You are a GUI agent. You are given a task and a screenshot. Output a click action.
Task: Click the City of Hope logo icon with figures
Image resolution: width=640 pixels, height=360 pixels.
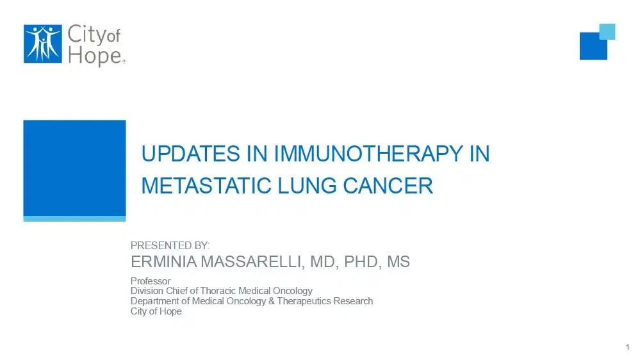[x=42, y=44]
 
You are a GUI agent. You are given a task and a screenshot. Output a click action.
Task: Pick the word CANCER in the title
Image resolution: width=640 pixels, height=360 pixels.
[x=388, y=186]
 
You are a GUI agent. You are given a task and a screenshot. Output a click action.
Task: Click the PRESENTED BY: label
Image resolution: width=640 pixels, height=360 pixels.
[x=170, y=245]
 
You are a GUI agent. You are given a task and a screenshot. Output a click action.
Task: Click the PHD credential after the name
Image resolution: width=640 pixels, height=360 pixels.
[x=363, y=262]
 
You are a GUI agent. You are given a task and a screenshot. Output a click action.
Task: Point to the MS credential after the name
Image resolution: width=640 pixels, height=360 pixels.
[x=399, y=262]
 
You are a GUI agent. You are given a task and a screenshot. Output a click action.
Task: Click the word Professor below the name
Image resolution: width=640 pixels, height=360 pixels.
[x=151, y=281]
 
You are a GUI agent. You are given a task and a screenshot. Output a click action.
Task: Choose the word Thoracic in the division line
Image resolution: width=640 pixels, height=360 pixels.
[x=218, y=291]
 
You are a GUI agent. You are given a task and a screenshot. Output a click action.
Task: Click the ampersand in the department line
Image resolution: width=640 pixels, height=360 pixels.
[x=272, y=300]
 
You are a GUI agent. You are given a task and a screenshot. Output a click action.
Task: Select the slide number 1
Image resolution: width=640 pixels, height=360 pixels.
[x=627, y=347]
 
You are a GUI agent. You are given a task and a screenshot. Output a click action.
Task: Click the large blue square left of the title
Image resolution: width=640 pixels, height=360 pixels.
[x=74, y=168]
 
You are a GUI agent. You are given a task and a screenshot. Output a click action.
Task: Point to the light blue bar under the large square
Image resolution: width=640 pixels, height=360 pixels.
[x=74, y=218]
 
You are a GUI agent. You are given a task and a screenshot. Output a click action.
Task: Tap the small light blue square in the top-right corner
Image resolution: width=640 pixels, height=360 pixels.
[x=607, y=31]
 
